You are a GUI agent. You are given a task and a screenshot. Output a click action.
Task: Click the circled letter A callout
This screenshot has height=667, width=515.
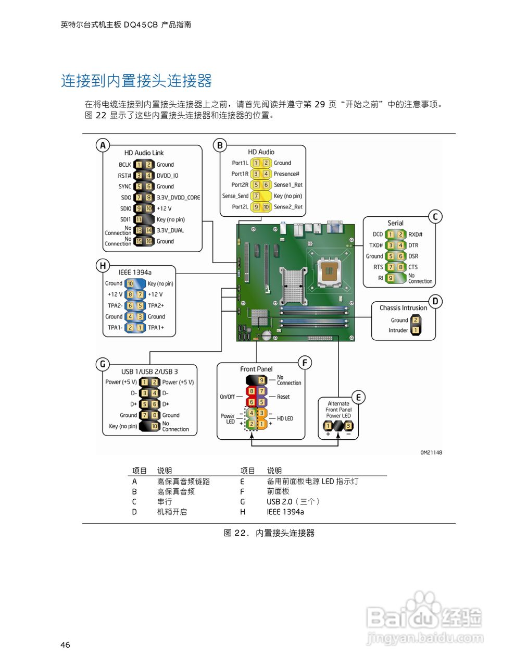coord(103,145)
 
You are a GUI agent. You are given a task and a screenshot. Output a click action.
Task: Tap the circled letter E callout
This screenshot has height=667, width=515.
coord(358,398)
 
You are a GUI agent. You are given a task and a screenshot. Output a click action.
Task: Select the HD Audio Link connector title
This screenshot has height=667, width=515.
coord(144,153)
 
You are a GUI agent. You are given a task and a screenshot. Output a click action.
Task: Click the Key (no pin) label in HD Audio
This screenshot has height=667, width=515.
coord(287,196)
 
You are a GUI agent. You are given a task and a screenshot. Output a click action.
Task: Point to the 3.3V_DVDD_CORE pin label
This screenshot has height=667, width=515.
coord(178,197)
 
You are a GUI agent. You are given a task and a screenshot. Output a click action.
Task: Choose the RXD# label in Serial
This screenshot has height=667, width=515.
coord(415,234)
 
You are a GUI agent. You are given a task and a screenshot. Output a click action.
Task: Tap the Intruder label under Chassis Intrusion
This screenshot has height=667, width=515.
coord(398,330)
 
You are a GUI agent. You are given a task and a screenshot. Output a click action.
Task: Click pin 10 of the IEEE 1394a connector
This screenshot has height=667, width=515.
coord(130,284)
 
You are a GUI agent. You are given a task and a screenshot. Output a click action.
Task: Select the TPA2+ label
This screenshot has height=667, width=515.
coord(156,306)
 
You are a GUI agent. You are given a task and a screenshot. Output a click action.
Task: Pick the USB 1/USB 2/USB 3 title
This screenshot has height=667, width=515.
coord(149,372)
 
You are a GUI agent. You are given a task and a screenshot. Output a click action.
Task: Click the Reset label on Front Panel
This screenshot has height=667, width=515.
coord(283,397)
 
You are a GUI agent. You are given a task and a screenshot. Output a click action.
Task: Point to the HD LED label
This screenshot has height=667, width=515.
coord(285,418)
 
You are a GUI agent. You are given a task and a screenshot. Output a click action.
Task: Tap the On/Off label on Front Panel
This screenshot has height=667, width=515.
coord(227,397)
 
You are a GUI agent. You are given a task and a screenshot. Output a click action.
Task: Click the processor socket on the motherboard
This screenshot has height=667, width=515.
coord(328,270)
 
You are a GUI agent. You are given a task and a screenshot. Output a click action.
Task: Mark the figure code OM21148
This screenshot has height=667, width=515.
coord(431,452)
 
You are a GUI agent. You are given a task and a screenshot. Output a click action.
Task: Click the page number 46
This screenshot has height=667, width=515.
coord(65,645)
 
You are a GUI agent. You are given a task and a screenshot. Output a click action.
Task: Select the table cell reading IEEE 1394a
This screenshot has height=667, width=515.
coord(285,512)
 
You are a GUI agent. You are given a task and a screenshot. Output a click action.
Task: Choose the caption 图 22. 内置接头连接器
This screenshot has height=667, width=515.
coord(269,533)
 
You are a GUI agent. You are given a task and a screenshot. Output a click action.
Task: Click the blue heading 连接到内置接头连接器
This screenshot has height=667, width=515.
coord(136,81)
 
